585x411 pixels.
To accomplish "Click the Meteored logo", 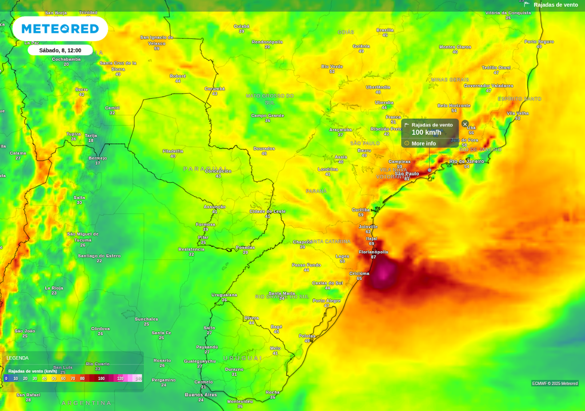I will (60, 29).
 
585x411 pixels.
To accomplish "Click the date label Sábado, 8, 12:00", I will (60, 50).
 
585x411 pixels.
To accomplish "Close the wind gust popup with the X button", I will (465, 124).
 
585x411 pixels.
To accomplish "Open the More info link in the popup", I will (423, 143).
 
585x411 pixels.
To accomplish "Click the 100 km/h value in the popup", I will (426, 132).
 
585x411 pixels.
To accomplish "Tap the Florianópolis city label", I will (373, 252).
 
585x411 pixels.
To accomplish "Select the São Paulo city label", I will (407, 174).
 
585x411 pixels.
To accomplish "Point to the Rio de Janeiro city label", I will (466, 162).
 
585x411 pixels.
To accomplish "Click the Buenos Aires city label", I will (201, 394).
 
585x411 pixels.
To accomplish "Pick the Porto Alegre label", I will (326, 300).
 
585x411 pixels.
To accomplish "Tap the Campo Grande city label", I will (267, 115).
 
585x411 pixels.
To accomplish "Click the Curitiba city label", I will (360, 209).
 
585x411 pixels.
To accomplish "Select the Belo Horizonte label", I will (454, 106).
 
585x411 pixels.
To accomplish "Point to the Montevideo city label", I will (239, 401).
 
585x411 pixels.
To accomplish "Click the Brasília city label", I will (385, 30).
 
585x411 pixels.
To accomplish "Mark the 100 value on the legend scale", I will (101, 378).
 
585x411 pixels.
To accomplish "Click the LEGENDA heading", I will (17, 358).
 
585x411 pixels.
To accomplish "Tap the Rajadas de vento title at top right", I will (555, 5).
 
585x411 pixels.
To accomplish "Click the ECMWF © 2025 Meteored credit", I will (555, 383).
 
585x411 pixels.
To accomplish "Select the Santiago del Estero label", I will (99, 256).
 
